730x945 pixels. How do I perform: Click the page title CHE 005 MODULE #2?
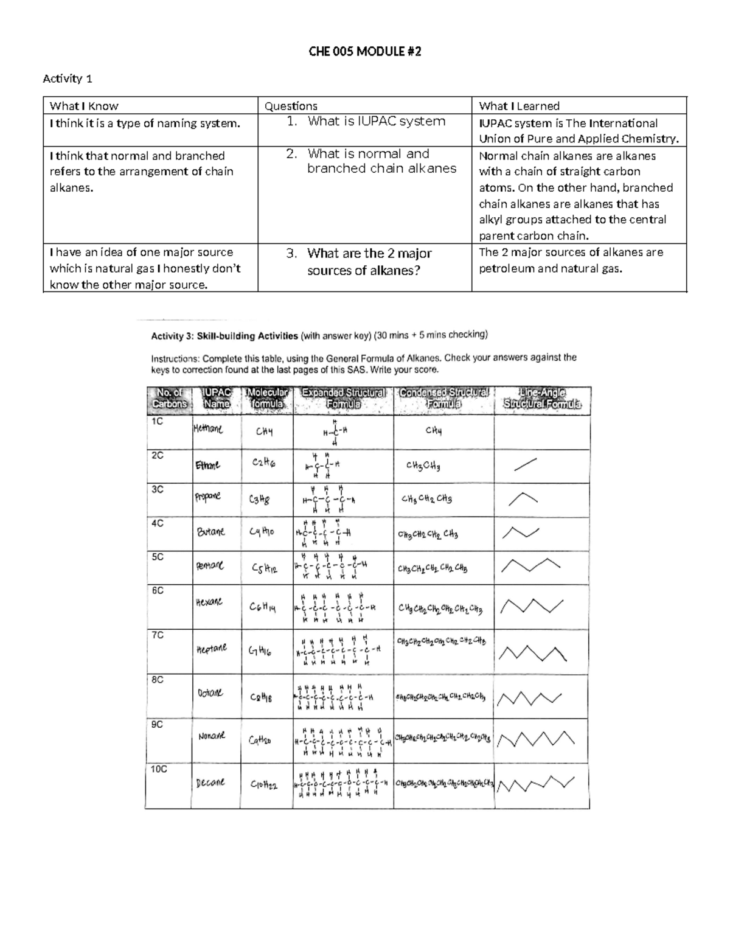coord(364,52)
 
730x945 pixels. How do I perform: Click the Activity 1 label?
coord(68,78)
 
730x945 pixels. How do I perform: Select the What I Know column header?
coord(84,106)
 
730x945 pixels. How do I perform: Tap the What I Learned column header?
coord(519,106)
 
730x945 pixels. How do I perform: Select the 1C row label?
coord(156,421)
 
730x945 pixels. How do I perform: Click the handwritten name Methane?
coord(207,429)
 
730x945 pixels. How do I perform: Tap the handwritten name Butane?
coord(210,531)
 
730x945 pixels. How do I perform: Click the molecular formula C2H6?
coord(263,463)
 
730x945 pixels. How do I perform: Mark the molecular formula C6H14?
coord(263,606)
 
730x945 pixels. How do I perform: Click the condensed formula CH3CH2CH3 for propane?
coord(426,499)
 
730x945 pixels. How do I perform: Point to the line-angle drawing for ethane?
coord(525,465)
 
